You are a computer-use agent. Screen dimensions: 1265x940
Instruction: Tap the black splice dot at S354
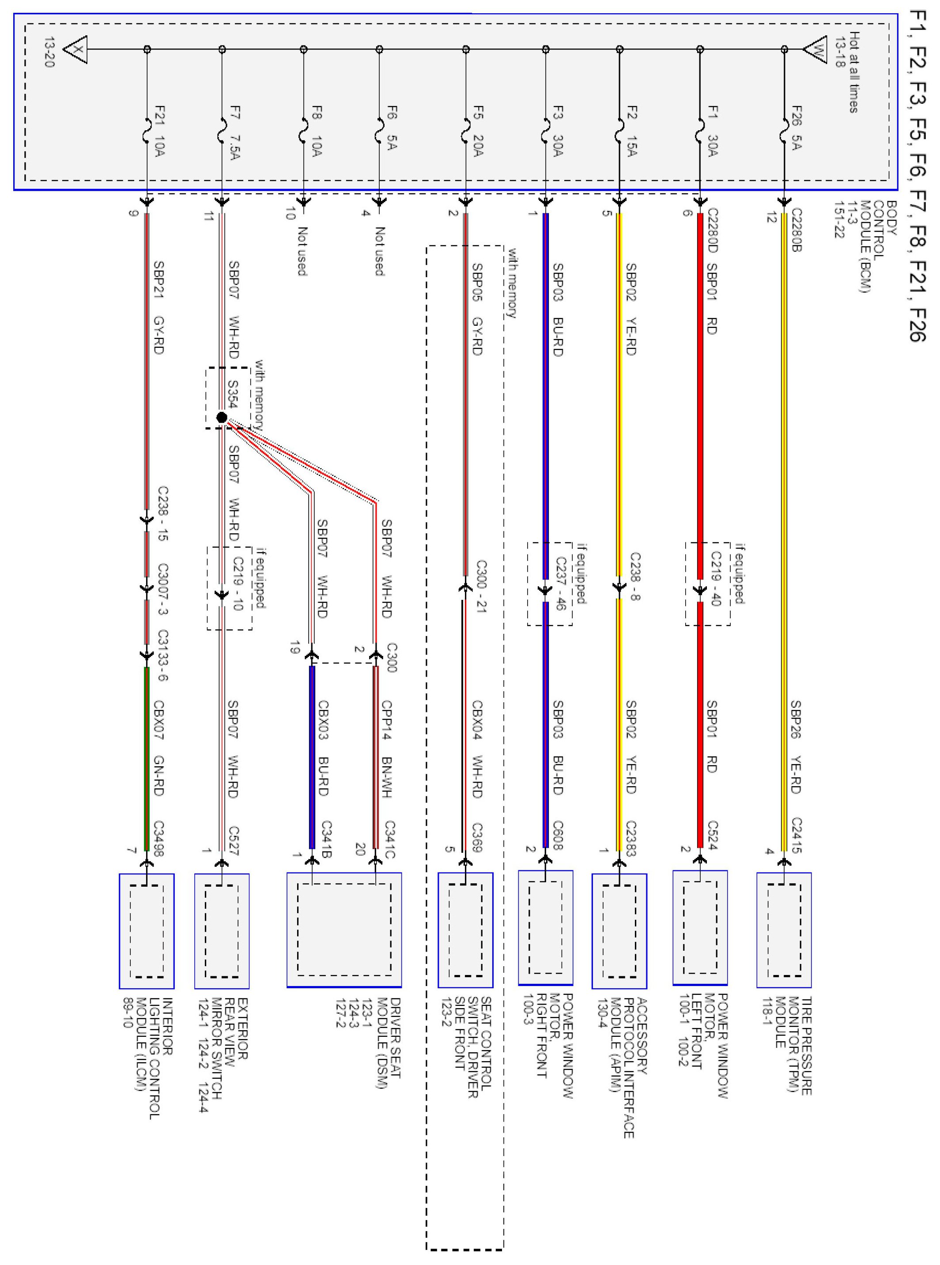tap(222, 418)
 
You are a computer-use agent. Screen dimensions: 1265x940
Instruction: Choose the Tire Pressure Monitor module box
tap(784, 930)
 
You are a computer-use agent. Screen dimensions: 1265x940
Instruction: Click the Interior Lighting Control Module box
tap(146, 930)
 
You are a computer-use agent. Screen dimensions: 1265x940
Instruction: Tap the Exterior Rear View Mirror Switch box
tap(222, 930)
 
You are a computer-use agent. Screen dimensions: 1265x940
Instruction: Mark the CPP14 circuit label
tap(386, 721)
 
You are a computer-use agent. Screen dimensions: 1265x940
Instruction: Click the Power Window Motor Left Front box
tap(700, 928)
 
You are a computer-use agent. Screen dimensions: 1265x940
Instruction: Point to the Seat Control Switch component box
tap(465, 930)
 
